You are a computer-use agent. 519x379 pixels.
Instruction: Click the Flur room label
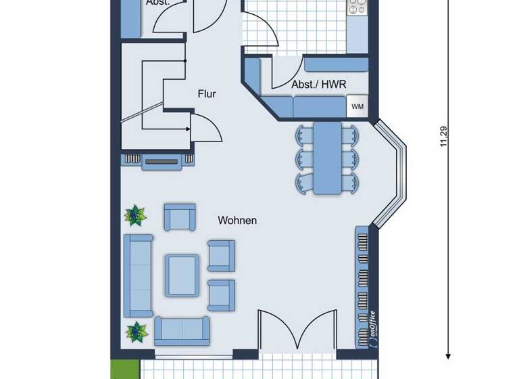[x=207, y=94]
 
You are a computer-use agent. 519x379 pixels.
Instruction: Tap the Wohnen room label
[x=237, y=221]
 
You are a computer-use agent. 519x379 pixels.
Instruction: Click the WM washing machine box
[x=357, y=106]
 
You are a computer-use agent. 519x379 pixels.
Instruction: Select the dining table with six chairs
[x=326, y=157]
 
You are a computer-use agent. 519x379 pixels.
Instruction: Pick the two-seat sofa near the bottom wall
[x=182, y=330]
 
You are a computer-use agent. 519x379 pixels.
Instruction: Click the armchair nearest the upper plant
[x=179, y=217]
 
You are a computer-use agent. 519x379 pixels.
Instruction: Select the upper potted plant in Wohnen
[x=134, y=216]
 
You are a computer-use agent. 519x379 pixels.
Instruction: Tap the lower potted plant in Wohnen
[x=137, y=332]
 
